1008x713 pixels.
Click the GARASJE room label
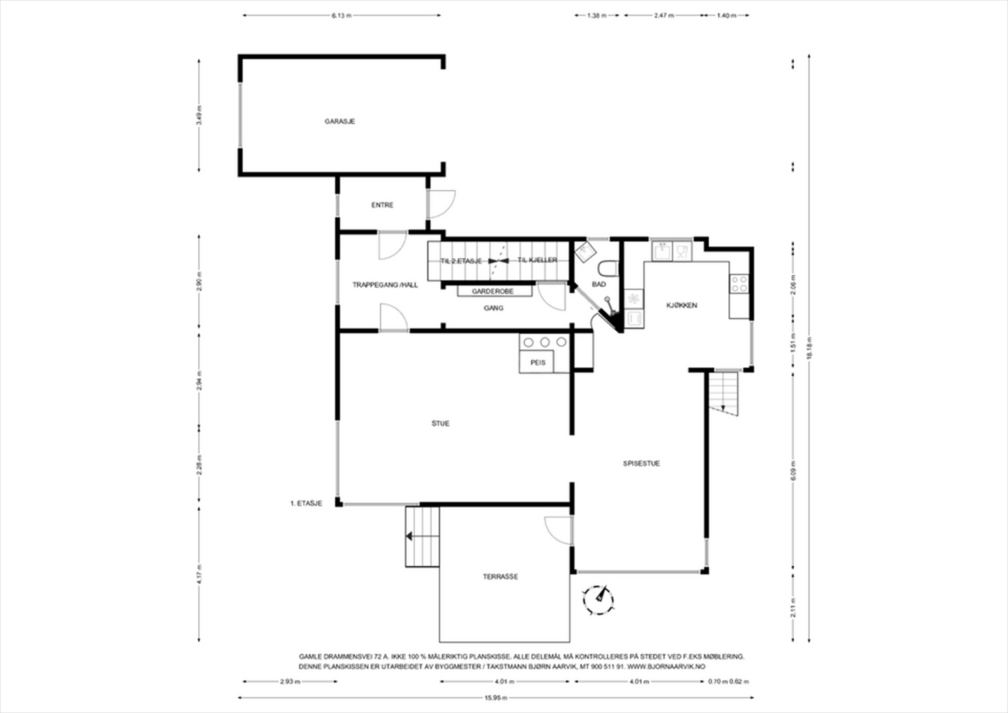pos(340,121)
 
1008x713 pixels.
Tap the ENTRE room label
pos(382,205)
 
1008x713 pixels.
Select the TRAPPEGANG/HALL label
pos(385,285)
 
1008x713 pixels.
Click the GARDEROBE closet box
pos(493,292)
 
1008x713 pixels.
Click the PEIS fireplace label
pos(537,363)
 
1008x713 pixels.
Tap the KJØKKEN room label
pos(682,305)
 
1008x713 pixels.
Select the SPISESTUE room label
pos(641,464)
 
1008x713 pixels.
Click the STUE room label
pos(440,424)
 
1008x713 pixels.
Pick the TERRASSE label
pos(500,576)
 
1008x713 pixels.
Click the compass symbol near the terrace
pos(599,599)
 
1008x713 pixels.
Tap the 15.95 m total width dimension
pos(496,697)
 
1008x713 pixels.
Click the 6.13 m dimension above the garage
pos(341,15)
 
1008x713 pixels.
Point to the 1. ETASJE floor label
pos(306,503)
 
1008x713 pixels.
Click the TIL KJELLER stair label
pos(537,260)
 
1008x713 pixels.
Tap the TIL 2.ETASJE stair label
pos(461,261)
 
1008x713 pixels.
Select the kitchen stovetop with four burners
pos(739,283)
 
